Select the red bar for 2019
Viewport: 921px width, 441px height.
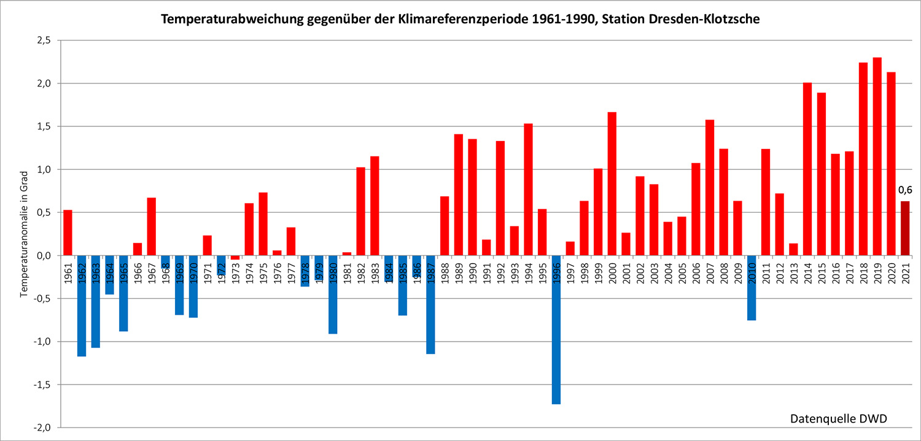pos(877,156)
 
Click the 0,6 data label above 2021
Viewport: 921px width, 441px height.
pos(905,190)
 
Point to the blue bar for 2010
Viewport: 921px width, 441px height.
pos(752,288)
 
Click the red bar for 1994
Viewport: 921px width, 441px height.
pos(528,190)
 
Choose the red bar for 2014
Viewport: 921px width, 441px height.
pos(807,169)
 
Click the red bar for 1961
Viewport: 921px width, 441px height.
pos(68,232)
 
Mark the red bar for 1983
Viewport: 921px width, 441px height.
pos(375,205)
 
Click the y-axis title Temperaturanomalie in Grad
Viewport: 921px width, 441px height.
pos(24,234)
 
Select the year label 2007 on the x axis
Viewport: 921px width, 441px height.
pos(710,270)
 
